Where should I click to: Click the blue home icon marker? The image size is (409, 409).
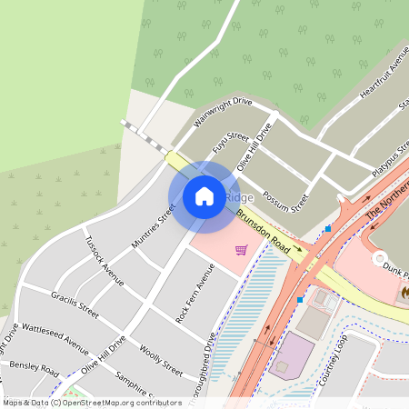[x=204, y=195]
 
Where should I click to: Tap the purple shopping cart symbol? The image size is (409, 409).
[x=241, y=250]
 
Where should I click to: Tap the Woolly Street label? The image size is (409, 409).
[x=161, y=360]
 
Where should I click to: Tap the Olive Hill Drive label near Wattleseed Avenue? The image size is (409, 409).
[x=104, y=355]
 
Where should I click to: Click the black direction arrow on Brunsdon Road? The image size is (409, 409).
[x=297, y=247]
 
